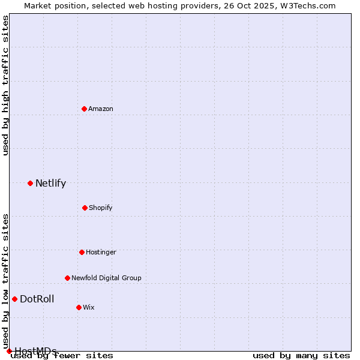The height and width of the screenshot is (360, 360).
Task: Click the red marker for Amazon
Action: tap(85, 109)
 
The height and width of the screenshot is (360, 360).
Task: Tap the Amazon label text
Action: tap(101, 109)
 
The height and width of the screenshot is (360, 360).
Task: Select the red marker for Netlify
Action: tap(30, 183)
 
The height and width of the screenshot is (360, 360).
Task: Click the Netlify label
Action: tap(50, 184)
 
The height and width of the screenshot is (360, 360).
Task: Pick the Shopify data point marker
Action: tap(85, 208)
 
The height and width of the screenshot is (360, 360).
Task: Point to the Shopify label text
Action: tap(100, 208)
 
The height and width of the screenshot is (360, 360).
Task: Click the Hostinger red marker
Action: tap(82, 252)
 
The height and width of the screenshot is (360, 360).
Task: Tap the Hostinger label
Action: tap(101, 252)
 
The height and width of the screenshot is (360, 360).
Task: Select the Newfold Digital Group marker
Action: tap(67, 278)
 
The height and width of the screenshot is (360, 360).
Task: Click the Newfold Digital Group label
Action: tap(106, 278)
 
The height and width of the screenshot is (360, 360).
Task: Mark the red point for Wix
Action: tap(79, 307)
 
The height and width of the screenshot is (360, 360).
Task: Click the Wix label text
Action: tap(88, 307)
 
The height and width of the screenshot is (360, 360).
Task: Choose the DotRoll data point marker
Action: tap(14, 299)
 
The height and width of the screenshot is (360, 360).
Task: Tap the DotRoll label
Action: tap(37, 299)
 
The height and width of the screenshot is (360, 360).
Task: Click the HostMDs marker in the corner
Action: tap(9, 351)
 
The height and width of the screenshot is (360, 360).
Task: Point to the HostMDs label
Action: tap(35, 351)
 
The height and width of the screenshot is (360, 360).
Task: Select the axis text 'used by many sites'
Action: tap(301, 355)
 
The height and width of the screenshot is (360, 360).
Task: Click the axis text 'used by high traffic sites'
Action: tap(5, 85)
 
